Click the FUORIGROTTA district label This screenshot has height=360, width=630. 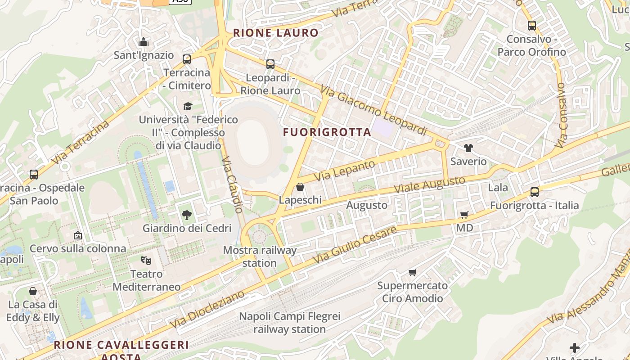click(x=327, y=132)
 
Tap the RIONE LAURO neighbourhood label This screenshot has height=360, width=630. click(x=275, y=33)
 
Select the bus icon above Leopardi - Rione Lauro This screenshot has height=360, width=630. click(x=270, y=64)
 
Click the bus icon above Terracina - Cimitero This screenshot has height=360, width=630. click(x=186, y=59)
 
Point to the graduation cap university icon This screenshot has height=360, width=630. click(x=188, y=106)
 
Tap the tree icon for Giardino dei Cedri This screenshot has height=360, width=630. click(x=187, y=215)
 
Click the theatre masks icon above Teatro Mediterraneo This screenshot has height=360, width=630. click(x=146, y=261)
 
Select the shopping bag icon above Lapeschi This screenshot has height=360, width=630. click(x=300, y=187)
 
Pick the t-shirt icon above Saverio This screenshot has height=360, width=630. click(x=468, y=148)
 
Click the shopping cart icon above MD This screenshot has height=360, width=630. click(x=464, y=215)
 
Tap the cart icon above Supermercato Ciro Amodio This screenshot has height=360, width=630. click(x=412, y=272)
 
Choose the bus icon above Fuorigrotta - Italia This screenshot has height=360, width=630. click(x=534, y=192)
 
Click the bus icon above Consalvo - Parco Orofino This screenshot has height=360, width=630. click(x=531, y=26)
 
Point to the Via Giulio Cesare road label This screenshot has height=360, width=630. click(x=355, y=245)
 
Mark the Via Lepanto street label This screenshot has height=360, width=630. click(x=344, y=171)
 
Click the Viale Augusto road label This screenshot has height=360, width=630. click(x=429, y=185)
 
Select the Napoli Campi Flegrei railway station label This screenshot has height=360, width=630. click(x=289, y=323)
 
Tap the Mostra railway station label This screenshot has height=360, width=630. click(x=260, y=256)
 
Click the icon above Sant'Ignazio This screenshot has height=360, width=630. click(x=144, y=42)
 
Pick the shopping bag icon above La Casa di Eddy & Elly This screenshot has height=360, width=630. click(x=32, y=292)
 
